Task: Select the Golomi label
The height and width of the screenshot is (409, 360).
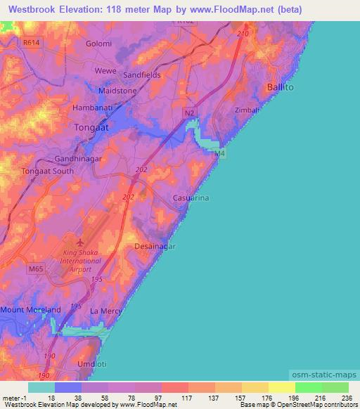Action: pyautogui.click(x=98, y=44)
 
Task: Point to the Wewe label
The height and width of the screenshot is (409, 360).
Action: pyautogui.click(x=105, y=71)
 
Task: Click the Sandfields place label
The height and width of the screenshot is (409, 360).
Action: pyautogui.click(x=142, y=74)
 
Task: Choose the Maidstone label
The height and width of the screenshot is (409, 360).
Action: pyautogui.click(x=117, y=91)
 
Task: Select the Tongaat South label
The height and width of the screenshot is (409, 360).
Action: pyautogui.click(x=48, y=171)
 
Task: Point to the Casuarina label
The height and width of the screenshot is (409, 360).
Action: pyautogui.click(x=192, y=199)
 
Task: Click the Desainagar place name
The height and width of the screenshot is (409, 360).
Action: pyautogui.click(x=155, y=247)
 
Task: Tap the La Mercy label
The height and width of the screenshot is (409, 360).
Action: pyautogui.click(x=107, y=310)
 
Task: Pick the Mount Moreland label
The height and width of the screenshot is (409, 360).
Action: pyautogui.click(x=32, y=309)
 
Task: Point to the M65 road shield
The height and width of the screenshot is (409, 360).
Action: pyautogui.click(x=37, y=268)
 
